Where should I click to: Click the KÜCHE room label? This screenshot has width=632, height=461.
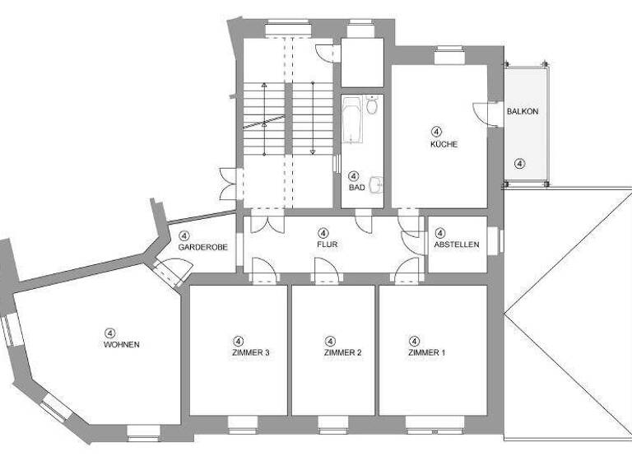click(443, 144)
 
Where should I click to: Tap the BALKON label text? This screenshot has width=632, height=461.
click(523, 111)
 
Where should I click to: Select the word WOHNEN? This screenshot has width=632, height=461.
click(121, 344)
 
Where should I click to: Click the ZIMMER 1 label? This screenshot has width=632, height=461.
click(426, 352)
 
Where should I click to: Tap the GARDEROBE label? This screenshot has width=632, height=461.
click(197, 247)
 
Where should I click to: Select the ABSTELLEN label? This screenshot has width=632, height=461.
click(457, 244)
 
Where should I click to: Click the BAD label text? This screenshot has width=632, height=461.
click(356, 188)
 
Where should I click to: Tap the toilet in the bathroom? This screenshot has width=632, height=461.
click(372, 105)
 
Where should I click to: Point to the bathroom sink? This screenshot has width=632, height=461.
click(375, 184)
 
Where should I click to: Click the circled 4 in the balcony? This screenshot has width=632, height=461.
click(519, 163)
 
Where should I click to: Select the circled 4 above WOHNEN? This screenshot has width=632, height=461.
click(109, 333)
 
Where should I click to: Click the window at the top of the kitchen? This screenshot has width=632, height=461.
click(450, 57)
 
